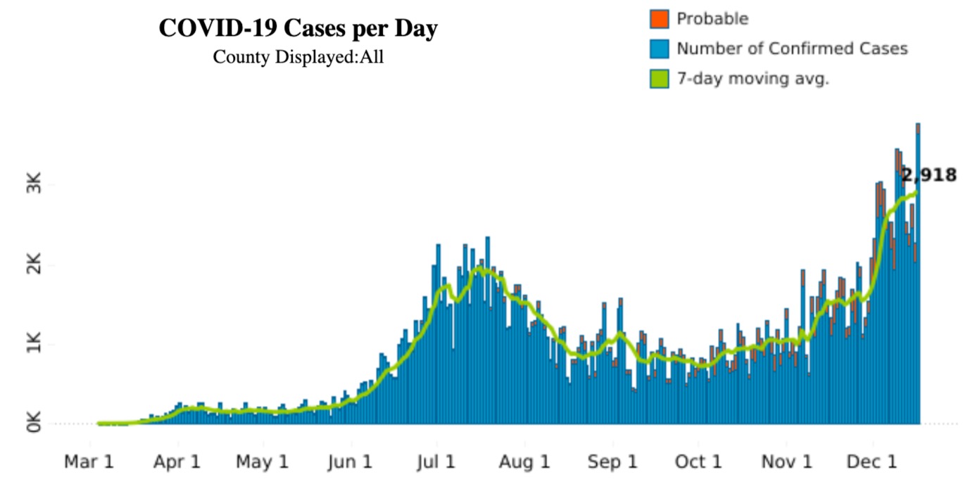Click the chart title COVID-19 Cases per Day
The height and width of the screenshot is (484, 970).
click(x=298, y=29)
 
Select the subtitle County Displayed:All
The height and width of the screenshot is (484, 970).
click(x=298, y=57)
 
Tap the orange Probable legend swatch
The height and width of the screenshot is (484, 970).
click(x=659, y=19)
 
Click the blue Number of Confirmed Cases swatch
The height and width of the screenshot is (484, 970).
click(x=659, y=49)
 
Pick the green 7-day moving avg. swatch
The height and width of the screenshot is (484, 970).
click(x=659, y=79)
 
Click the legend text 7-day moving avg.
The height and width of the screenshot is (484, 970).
click(x=752, y=79)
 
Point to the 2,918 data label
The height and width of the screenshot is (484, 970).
click(x=929, y=175)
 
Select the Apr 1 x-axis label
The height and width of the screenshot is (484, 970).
click(x=178, y=462)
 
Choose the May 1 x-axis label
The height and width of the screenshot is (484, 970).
click(x=263, y=462)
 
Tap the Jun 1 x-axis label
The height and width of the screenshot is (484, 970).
click(x=350, y=462)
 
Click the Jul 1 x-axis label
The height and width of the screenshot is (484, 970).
click(x=436, y=462)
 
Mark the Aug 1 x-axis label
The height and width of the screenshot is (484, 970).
click(x=524, y=462)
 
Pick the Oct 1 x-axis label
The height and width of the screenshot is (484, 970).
click(x=698, y=462)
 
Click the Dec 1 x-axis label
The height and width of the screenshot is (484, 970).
click(x=872, y=462)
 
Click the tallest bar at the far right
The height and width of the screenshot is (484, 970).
click(x=918, y=274)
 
